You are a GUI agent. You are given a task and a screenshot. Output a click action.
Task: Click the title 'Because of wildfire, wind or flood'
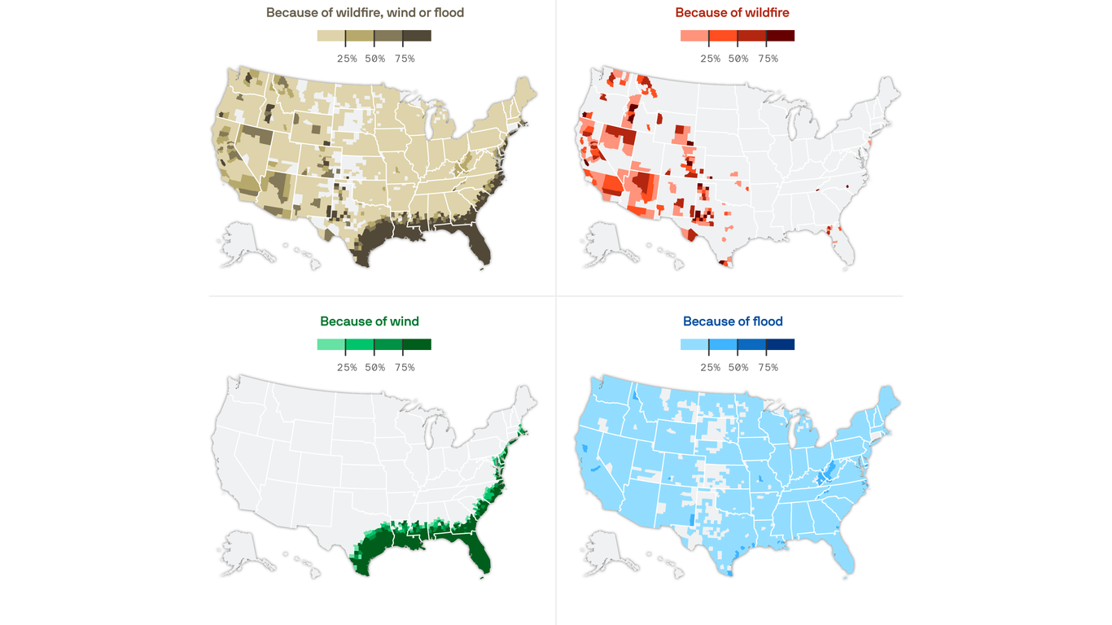point(365,13)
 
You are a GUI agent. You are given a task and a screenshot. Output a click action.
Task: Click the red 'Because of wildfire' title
point(732,13)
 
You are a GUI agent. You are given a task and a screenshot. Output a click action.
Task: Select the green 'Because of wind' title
point(370,321)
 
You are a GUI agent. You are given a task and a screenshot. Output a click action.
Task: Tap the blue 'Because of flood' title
point(733,321)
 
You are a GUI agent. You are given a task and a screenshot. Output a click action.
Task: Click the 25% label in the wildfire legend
point(710,59)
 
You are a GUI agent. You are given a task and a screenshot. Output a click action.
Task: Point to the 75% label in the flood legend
point(767,368)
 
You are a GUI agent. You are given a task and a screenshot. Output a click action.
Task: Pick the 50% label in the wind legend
point(374,368)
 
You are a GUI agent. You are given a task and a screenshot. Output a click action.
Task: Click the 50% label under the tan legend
point(374,59)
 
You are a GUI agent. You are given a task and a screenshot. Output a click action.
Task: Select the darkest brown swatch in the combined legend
point(417,36)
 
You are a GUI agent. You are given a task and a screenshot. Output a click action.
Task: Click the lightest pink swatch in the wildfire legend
point(694,36)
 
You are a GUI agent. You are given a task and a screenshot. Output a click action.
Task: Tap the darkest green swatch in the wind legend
point(417,344)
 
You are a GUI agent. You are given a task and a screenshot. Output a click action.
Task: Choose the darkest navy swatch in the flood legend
point(780,344)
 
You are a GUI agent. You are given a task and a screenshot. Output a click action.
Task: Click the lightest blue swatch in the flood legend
point(694,344)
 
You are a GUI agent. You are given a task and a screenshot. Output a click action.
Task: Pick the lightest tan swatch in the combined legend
point(331,36)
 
